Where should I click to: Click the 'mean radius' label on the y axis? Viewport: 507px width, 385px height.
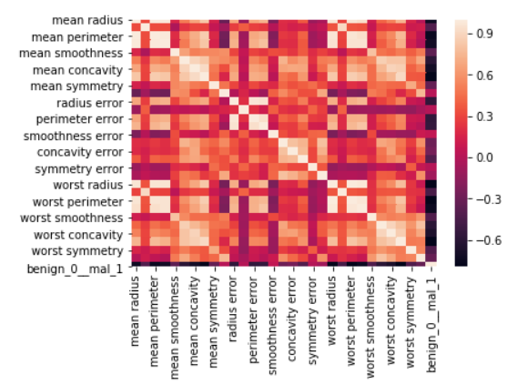click(x=87, y=20)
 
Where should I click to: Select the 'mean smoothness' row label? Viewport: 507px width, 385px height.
click(x=71, y=54)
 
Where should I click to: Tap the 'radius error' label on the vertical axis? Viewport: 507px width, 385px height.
click(x=90, y=103)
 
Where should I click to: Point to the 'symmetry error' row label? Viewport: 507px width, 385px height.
click(x=79, y=169)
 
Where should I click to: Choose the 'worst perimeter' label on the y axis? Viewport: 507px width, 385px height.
click(x=78, y=202)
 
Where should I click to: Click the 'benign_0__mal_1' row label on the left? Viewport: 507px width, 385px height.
click(x=75, y=268)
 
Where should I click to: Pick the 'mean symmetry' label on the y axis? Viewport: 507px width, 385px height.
click(x=76, y=86)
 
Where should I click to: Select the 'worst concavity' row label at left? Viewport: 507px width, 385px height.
click(x=78, y=235)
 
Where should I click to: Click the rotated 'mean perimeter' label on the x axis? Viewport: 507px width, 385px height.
click(x=155, y=321)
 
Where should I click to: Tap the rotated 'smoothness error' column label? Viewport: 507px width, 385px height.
click(x=273, y=325)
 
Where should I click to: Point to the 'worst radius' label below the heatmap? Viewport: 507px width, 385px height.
click(x=332, y=310)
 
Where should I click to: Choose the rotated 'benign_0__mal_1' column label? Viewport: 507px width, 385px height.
click(x=432, y=324)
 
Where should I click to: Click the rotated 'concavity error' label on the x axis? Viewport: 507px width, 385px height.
click(x=292, y=319)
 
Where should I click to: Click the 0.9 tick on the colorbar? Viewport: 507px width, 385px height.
click(x=484, y=34)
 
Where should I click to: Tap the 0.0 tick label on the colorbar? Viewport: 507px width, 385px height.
click(x=484, y=157)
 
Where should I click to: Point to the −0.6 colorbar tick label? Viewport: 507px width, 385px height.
click(x=488, y=240)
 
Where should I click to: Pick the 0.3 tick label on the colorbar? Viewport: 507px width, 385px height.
click(x=484, y=117)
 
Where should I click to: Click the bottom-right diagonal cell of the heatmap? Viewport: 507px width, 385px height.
click(x=431, y=265)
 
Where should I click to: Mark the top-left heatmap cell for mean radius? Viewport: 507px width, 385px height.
click(x=137, y=22)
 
